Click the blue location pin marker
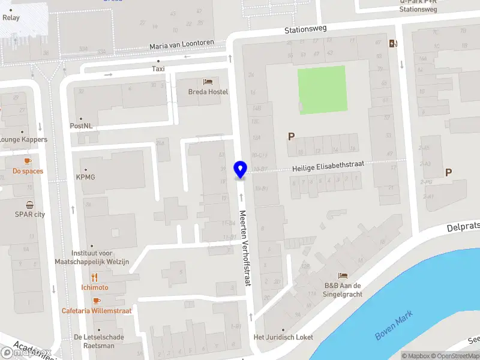point(240,170)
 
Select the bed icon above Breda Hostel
point(208,81)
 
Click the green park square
point(322,89)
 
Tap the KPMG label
point(86,177)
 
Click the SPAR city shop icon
point(29,205)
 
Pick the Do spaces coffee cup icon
point(28,161)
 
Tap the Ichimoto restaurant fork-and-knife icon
point(94,278)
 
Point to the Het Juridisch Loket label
point(283,337)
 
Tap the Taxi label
point(158,69)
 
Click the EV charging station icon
point(394,43)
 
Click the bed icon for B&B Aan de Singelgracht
point(343,275)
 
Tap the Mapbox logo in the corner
point(25,353)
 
